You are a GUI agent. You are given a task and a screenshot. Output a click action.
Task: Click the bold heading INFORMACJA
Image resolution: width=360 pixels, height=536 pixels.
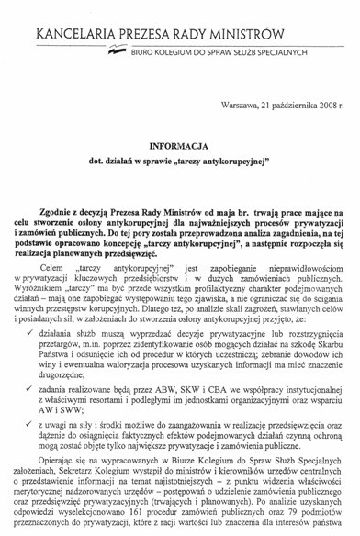(179, 145)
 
